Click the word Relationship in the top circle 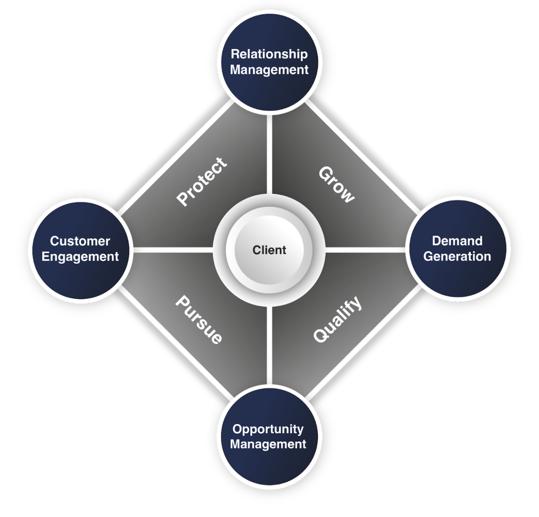point(269,54)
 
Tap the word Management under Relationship point(269,70)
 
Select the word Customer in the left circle point(80,241)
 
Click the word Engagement point(80,256)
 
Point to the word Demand point(457,241)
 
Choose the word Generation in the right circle point(457,256)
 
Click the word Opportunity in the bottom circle point(268,429)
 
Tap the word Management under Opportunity point(268,444)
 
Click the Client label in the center point(269,250)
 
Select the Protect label point(202,181)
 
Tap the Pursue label point(199,320)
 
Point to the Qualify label point(337,319)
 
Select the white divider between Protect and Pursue point(173,250)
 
